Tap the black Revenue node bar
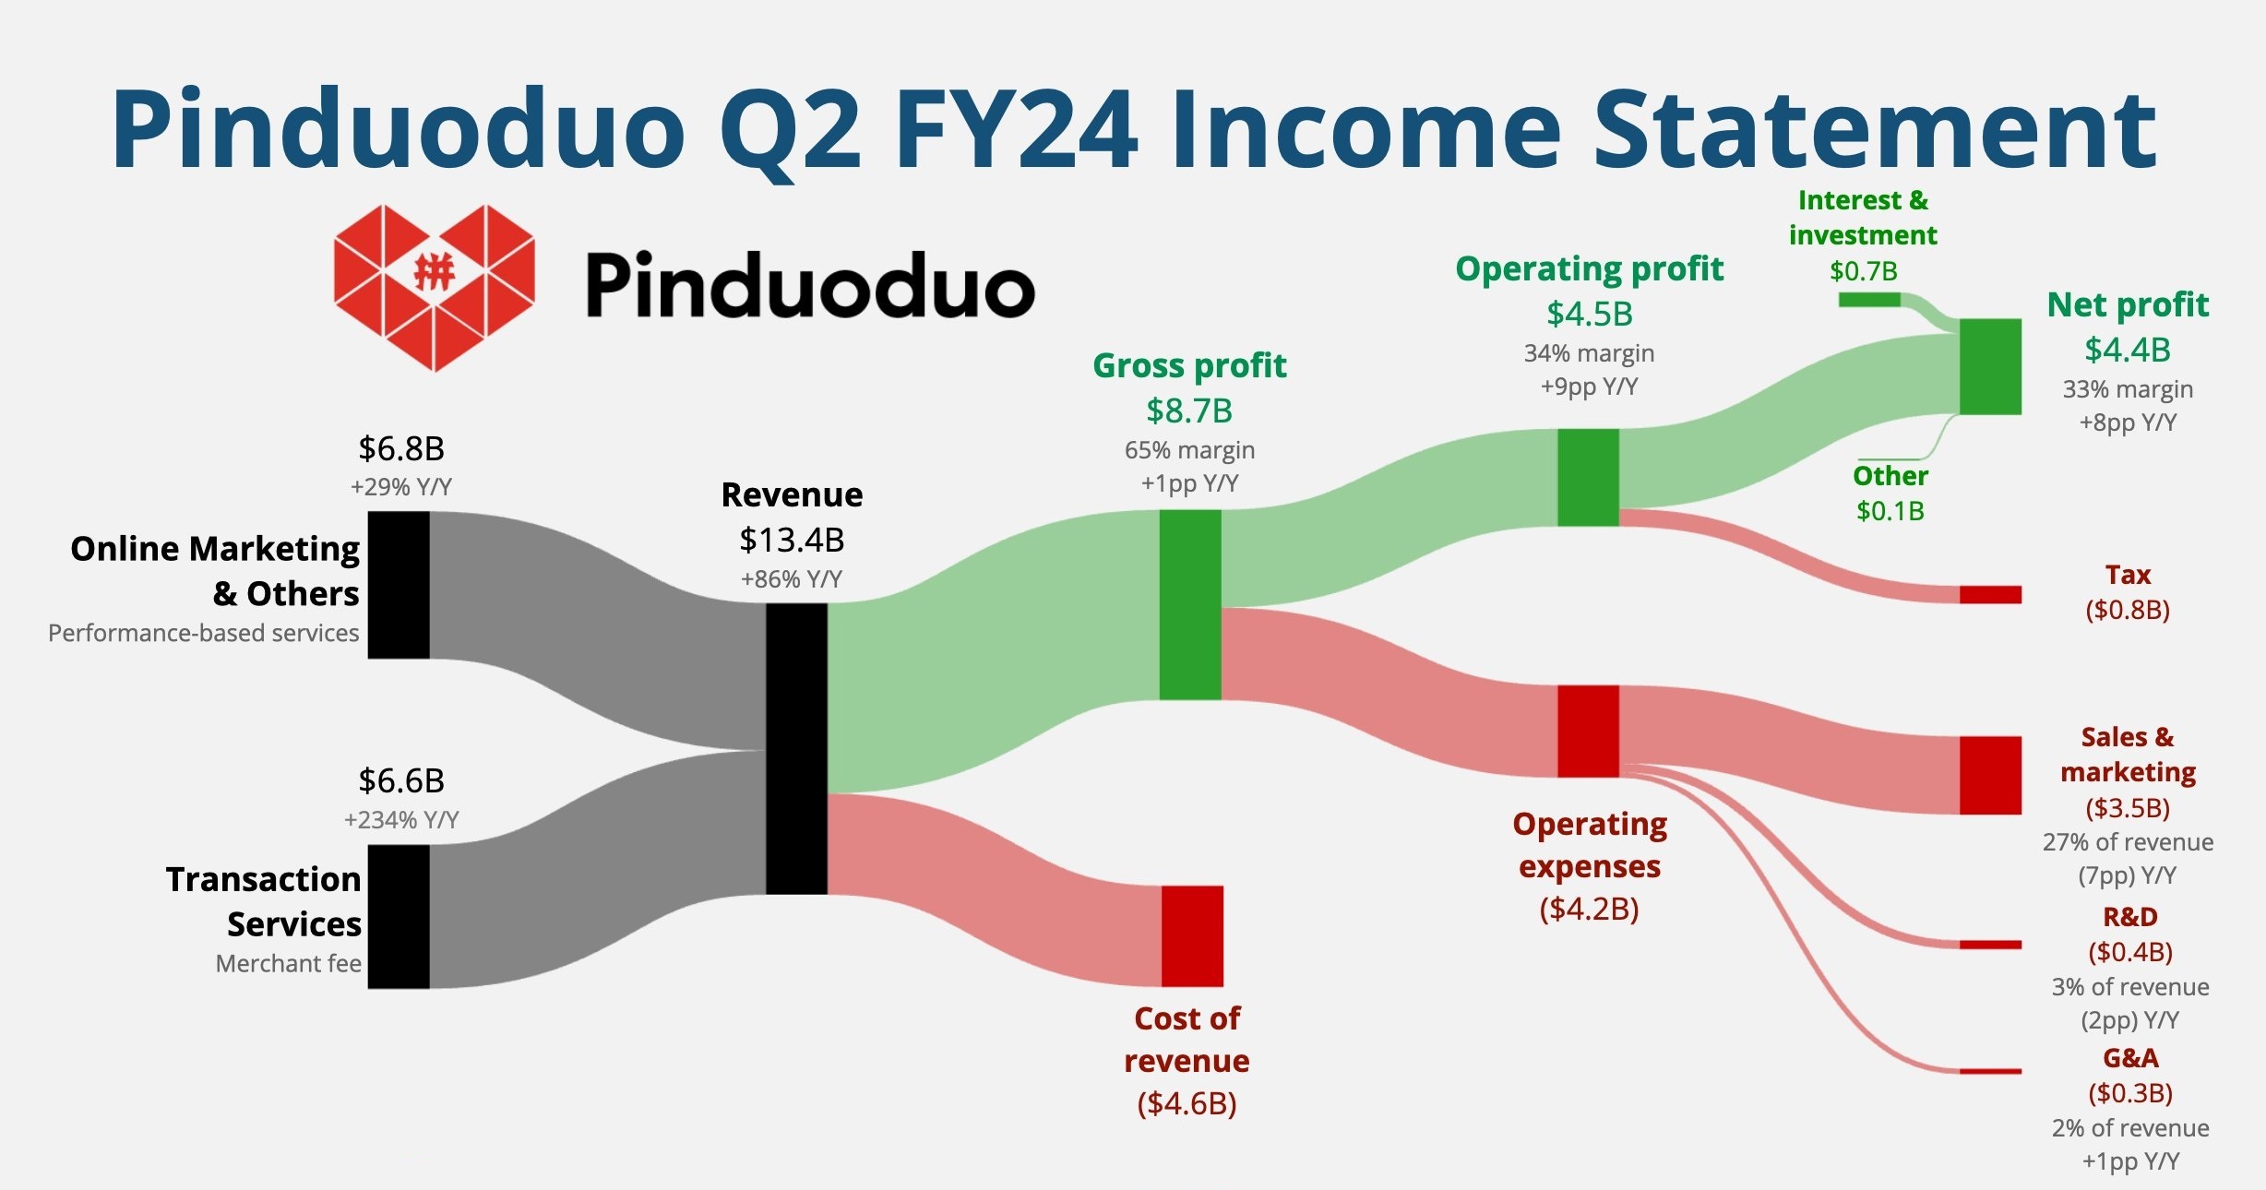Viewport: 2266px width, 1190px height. point(796,749)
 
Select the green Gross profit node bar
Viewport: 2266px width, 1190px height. point(1190,605)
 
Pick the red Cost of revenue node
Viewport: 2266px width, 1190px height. point(1192,936)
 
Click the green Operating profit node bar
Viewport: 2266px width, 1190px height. point(1589,477)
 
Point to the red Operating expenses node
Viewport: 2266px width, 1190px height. point(1589,731)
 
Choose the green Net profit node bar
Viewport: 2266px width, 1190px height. point(1990,366)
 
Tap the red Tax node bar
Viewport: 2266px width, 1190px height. point(1990,595)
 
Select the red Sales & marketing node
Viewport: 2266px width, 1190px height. point(1990,775)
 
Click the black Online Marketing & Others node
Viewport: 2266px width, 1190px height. point(399,585)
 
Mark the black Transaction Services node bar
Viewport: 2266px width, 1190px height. point(399,917)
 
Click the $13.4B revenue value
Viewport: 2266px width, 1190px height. point(792,540)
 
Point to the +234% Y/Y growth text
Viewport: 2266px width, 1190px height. point(401,819)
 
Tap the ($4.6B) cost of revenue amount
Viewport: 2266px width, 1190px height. point(1187,1103)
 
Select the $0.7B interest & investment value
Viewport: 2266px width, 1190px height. point(1864,271)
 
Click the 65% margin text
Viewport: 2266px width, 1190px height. point(1189,450)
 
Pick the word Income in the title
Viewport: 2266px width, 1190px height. point(1369,129)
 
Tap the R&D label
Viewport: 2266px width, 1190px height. point(2130,917)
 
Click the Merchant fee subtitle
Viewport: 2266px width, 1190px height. point(289,964)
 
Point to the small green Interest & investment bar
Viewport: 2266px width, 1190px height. point(1869,300)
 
